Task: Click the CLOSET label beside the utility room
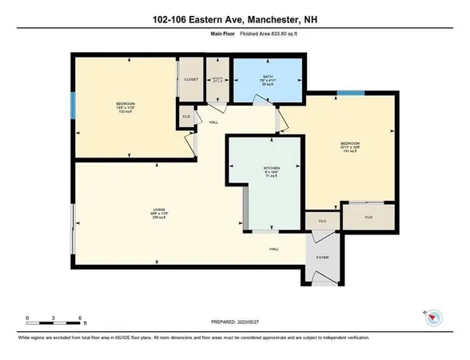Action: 189,80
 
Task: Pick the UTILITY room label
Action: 216,79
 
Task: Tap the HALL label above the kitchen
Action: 213,122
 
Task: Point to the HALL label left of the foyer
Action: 273,250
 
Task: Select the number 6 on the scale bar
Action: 81,318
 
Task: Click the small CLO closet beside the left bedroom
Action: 185,117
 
